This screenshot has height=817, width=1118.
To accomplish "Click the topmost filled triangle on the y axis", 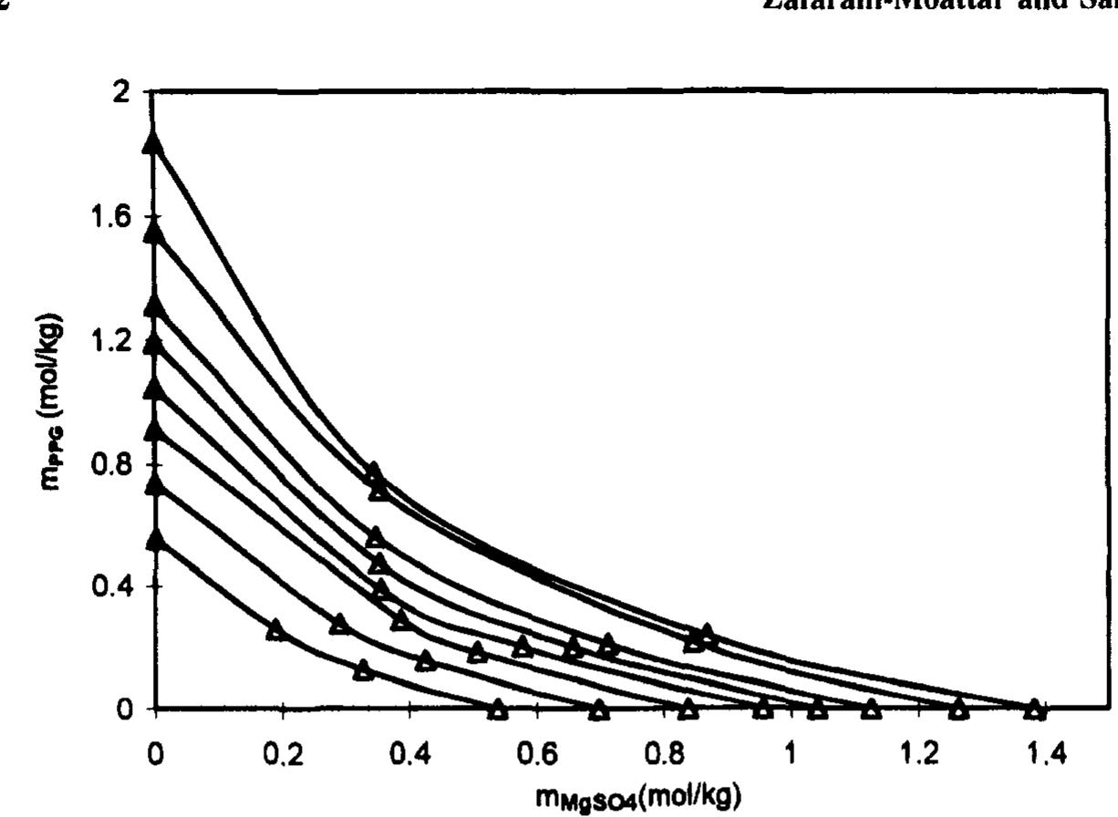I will coord(154,141).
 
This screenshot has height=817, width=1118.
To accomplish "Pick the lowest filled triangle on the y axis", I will coord(155,539).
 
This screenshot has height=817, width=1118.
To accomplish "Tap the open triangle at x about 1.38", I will coord(1033,708).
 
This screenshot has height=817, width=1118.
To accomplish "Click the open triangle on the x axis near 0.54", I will coord(497,708).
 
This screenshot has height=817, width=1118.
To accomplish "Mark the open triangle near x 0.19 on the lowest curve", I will coord(275,629).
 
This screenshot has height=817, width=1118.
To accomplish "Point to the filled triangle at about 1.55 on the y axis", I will coord(154,233).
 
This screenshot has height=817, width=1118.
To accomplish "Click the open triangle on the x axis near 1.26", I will coord(958,708).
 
